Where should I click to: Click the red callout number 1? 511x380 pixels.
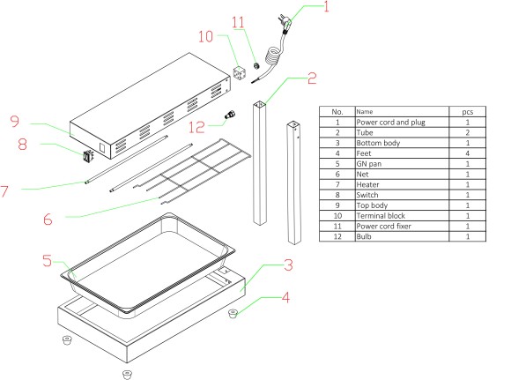point(326,6)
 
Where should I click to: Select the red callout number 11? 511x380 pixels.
point(238,22)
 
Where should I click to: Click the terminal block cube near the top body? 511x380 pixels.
point(240,73)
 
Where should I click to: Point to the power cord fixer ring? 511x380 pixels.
point(256,65)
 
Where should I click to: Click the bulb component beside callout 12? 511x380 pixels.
point(230,115)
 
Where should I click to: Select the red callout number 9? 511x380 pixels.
point(15,121)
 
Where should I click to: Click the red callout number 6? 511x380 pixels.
point(48,220)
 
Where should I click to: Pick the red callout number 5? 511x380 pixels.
point(47,261)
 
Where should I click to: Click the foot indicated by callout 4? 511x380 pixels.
point(233,314)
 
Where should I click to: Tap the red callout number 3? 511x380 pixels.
point(288,265)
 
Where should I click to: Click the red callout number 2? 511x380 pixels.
point(312,78)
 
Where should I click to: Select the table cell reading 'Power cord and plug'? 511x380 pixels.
point(391,123)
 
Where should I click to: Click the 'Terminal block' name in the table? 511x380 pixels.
point(381,216)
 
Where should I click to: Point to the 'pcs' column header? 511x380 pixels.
point(467,112)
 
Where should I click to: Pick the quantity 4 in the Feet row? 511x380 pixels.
point(468,153)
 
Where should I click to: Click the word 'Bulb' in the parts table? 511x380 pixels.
point(364,236)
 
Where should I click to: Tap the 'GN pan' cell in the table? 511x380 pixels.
point(369,164)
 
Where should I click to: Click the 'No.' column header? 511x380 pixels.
point(337,112)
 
